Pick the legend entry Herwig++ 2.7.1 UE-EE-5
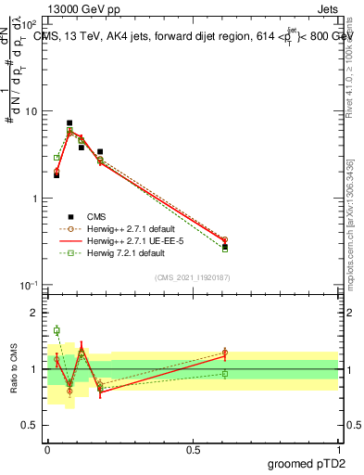[130, 240]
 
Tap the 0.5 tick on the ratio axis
[33, 425]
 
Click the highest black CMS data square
[69, 122]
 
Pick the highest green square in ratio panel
[56, 330]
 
